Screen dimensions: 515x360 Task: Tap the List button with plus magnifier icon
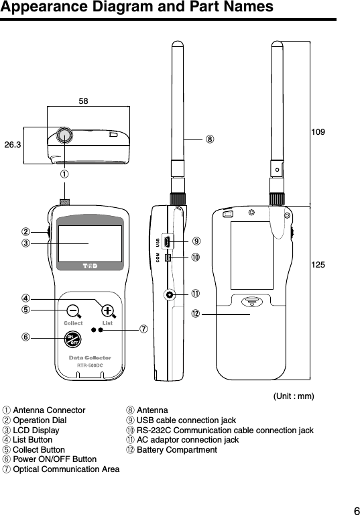click(107, 310)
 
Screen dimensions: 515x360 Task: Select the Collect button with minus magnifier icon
click(73, 310)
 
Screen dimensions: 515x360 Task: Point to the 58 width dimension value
click(84, 101)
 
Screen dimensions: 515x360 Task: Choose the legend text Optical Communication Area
click(66, 469)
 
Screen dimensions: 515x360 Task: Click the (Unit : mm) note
click(294, 396)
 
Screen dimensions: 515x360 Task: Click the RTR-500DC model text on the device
click(89, 365)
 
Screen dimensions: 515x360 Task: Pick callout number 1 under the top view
click(64, 173)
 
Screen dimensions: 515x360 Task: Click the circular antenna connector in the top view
click(64, 134)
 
